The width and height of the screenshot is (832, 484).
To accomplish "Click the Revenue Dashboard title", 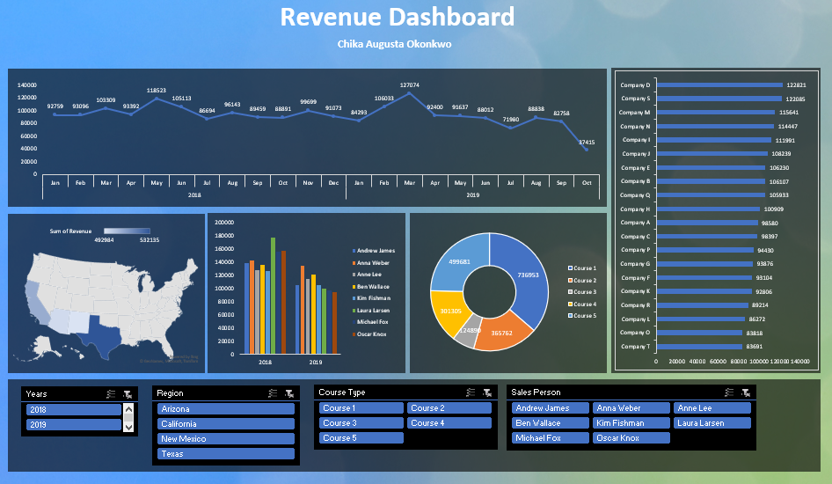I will coord(397,18).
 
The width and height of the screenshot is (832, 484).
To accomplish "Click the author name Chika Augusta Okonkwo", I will coord(395,44).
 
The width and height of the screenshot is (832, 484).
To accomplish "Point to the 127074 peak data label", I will coord(409,85).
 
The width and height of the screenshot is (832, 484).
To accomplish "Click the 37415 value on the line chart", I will coord(586,143).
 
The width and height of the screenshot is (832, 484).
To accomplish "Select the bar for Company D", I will coord(719,85).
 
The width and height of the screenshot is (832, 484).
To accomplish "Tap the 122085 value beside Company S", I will coord(796,99).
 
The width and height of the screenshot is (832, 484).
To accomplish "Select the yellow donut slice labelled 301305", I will coord(450,312).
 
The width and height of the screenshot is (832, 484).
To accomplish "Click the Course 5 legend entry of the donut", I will coord(584,315).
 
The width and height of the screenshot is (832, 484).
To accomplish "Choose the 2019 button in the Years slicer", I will coord(73,424).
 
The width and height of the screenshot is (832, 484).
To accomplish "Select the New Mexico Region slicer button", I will coord(225,439).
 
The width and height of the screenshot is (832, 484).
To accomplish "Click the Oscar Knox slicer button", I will coord(631,438).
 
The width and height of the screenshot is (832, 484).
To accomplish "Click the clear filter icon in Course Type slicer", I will coord(486,393).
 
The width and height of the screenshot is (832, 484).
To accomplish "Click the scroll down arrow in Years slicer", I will coord(129,427).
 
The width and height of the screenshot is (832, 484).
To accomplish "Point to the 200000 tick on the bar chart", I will coord(223,223).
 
